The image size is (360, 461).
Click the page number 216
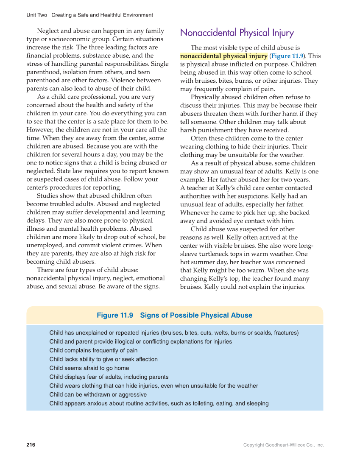[31, 445]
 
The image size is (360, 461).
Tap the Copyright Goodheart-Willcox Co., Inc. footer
[283, 445]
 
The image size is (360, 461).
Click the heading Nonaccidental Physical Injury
[237, 33]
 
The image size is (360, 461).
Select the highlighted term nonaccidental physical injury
[224, 56]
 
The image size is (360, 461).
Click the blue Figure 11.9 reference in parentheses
[287, 56]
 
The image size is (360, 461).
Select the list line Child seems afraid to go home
[89, 368]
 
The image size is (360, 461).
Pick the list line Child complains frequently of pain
[93, 350]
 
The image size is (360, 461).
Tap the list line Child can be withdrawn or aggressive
[98, 394]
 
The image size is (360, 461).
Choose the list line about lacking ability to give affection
[103, 359]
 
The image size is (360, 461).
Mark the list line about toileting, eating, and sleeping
[159, 403]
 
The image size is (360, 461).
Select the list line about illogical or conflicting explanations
[141, 341]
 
